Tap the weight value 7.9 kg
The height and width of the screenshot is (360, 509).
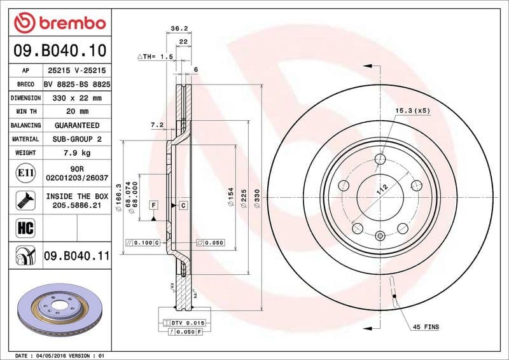[x=76, y=153]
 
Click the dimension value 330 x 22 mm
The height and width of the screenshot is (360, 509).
[x=76, y=98]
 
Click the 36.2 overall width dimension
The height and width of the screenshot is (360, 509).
[x=179, y=28]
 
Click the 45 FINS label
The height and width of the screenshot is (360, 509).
[x=426, y=327]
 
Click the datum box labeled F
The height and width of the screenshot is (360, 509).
[x=153, y=205]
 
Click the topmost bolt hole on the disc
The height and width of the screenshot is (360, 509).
[x=380, y=159]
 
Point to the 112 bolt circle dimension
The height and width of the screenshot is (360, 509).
[x=381, y=188]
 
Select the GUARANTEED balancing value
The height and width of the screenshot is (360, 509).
[x=76, y=125]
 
